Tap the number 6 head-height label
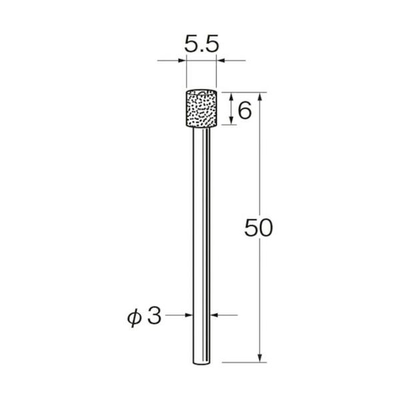[244, 110]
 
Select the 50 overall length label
[259, 229]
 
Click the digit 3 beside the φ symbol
[154, 316]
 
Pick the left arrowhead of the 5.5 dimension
[182, 62]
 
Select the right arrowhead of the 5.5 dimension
[220, 62]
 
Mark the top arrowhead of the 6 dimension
[231, 96]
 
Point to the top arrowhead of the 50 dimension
[261, 96]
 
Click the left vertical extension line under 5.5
[187, 73]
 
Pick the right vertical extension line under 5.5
[216, 73]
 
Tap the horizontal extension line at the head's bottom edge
[230, 125]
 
